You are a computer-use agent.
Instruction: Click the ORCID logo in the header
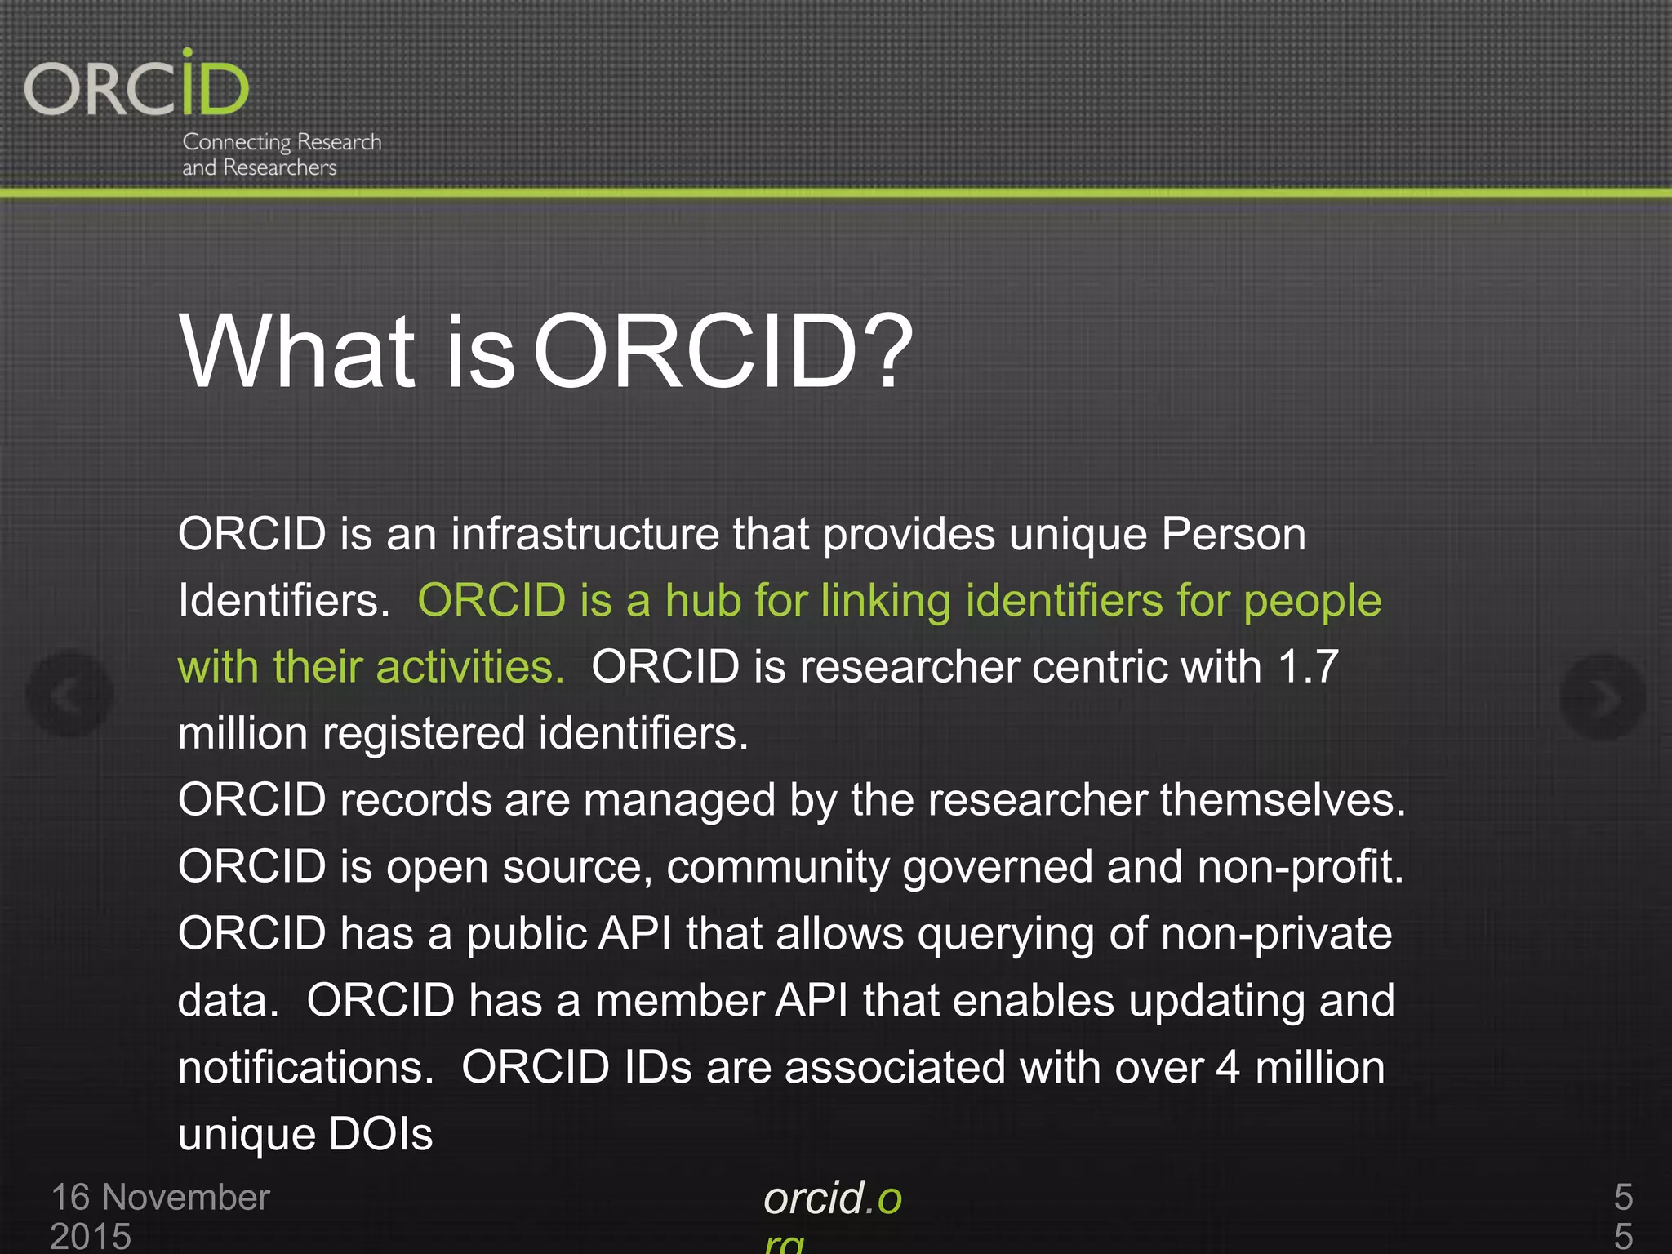(137, 85)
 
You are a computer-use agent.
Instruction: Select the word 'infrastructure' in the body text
(585, 535)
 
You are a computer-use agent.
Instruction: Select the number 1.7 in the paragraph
(1308, 667)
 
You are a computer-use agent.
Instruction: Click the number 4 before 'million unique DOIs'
(1228, 1068)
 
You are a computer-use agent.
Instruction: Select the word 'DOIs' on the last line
(380, 1135)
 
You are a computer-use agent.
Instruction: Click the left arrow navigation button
(69, 695)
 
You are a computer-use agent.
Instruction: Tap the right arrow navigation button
(1602, 696)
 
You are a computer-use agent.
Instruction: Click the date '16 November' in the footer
(160, 1198)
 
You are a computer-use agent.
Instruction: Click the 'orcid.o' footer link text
(833, 1198)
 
